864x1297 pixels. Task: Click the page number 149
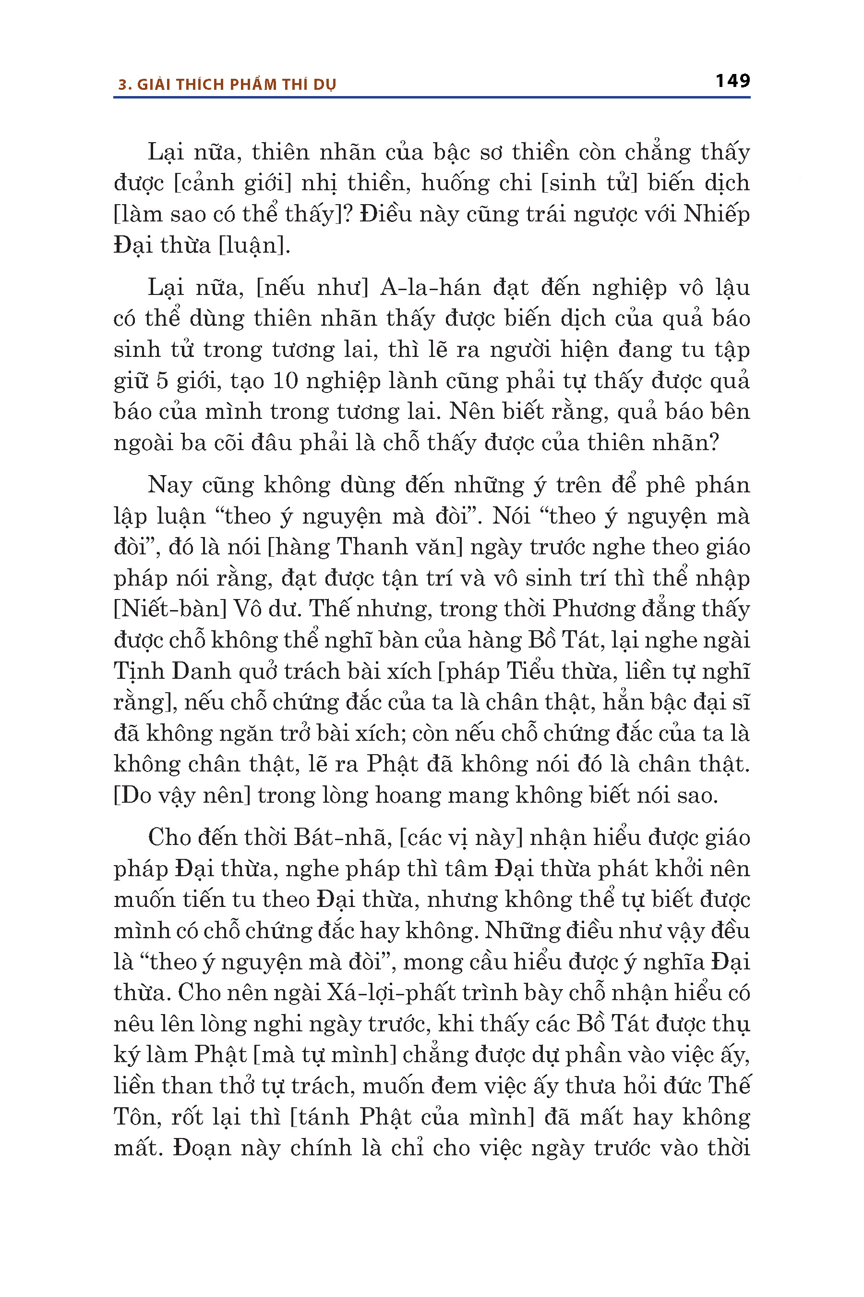[732, 81]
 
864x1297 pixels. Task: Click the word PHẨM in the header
[253, 85]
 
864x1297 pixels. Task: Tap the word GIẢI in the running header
[153, 85]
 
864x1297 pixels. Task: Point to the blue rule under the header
[432, 98]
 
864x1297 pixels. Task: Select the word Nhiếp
[716, 214]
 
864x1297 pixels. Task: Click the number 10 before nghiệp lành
[286, 380]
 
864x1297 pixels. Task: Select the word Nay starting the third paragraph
[170, 485]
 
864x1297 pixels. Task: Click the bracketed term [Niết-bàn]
[170, 609]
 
